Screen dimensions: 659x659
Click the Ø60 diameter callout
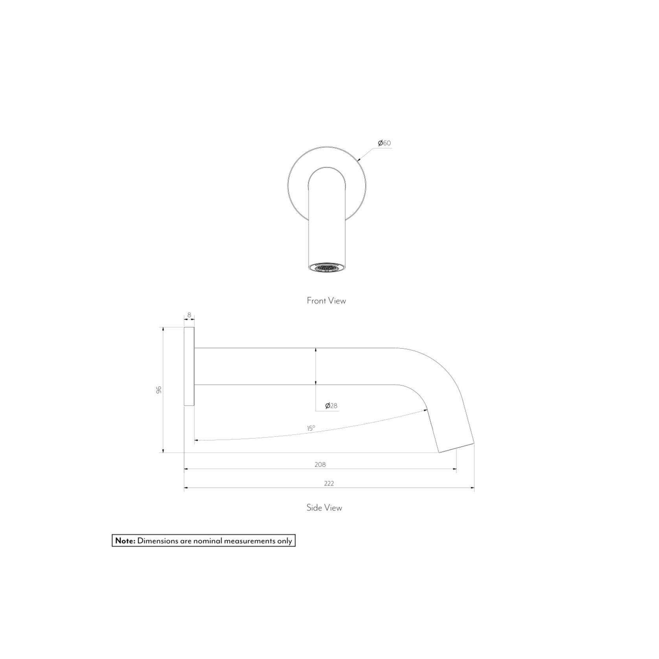pyautogui.click(x=384, y=143)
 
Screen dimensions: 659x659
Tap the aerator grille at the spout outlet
pyautogui.click(x=327, y=268)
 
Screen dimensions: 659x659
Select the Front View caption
pyautogui.click(x=326, y=301)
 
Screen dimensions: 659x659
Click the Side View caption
pyautogui.click(x=324, y=508)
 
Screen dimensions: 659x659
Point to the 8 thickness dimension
pyautogui.click(x=189, y=315)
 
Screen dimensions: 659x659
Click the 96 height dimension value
pyautogui.click(x=159, y=390)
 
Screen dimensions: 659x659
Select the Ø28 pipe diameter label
pyautogui.click(x=331, y=406)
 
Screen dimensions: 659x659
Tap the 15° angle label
pyautogui.click(x=311, y=428)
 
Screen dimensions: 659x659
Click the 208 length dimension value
pyautogui.click(x=320, y=464)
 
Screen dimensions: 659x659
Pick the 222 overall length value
pyautogui.click(x=329, y=483)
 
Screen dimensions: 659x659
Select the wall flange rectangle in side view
pyautogui.click(x=189, y=366)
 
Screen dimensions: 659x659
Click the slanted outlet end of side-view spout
pyautogui.click(x=457, y=448)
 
